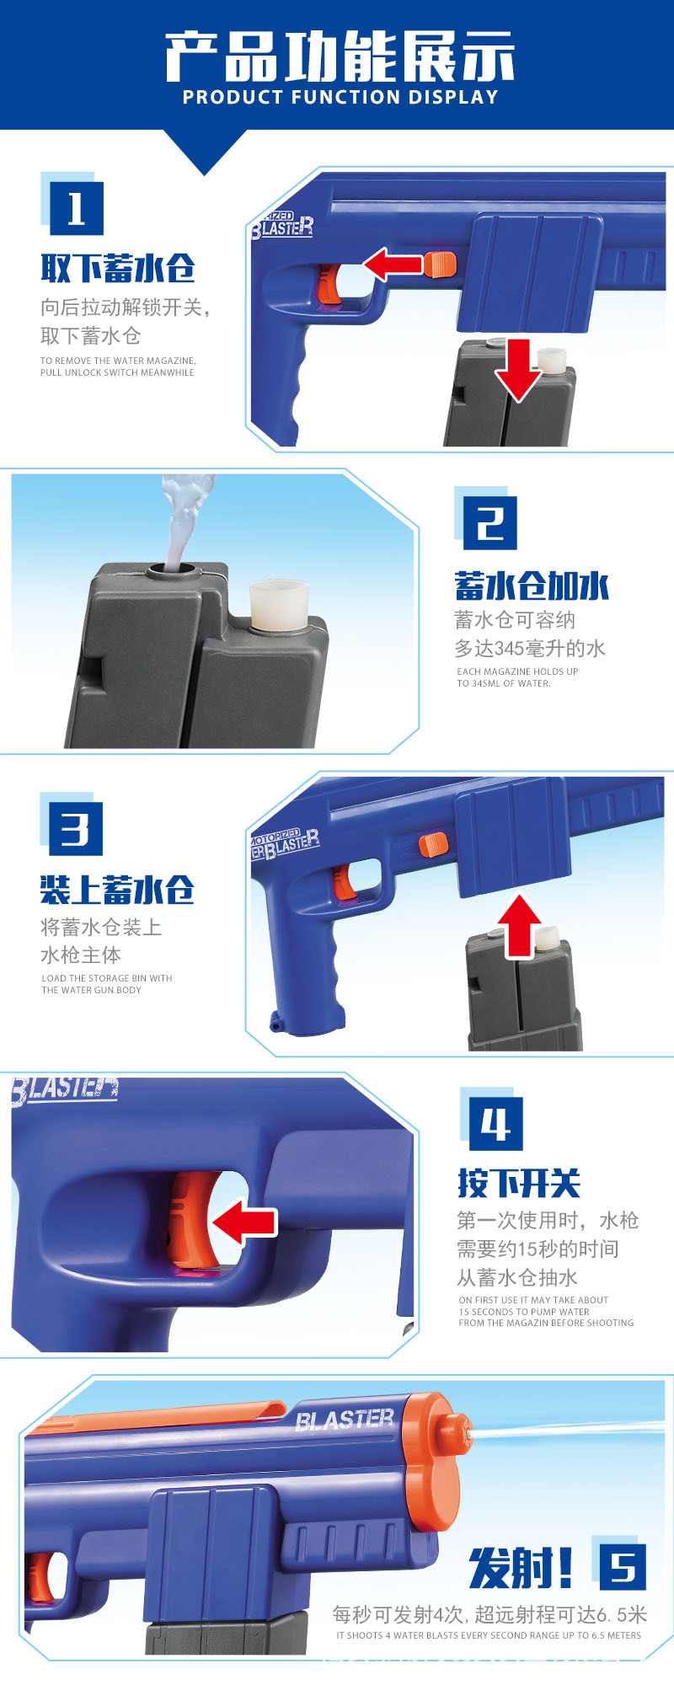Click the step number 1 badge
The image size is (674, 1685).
(x=76, y=208)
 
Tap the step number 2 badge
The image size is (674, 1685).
(x=490, y=523)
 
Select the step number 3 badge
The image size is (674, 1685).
(x=75, y=828)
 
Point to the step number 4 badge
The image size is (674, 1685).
(x=495, y=1123)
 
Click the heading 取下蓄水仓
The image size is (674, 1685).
(x=118, y=269)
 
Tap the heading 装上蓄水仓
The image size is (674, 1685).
(x=118, y=890)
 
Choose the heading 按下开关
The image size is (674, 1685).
(x=519, y=1184)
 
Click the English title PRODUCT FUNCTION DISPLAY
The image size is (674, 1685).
(x=340, y=98)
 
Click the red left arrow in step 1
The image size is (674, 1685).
(x=393, y=264)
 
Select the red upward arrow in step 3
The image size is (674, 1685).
(x=519, y=925)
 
